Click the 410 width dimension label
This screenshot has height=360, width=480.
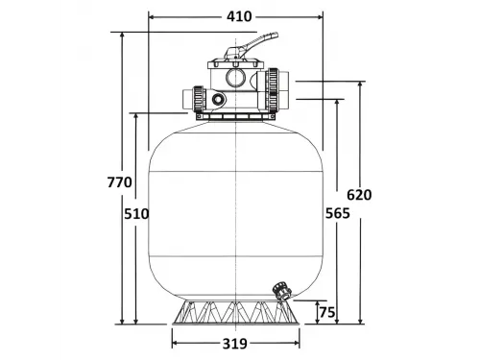click(x=236, y=16)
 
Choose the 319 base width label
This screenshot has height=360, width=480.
click(x=236, y=344)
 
